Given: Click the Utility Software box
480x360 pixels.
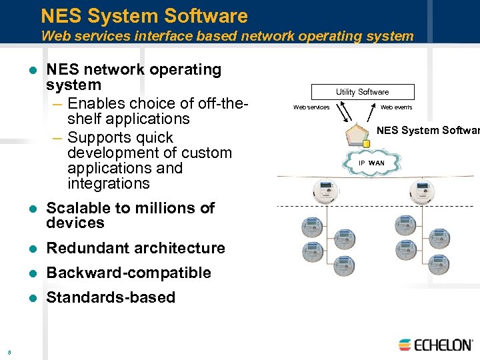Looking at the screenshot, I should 362,92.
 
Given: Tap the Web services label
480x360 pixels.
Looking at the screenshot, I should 311,107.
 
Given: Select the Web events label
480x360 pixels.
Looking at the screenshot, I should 396,107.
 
